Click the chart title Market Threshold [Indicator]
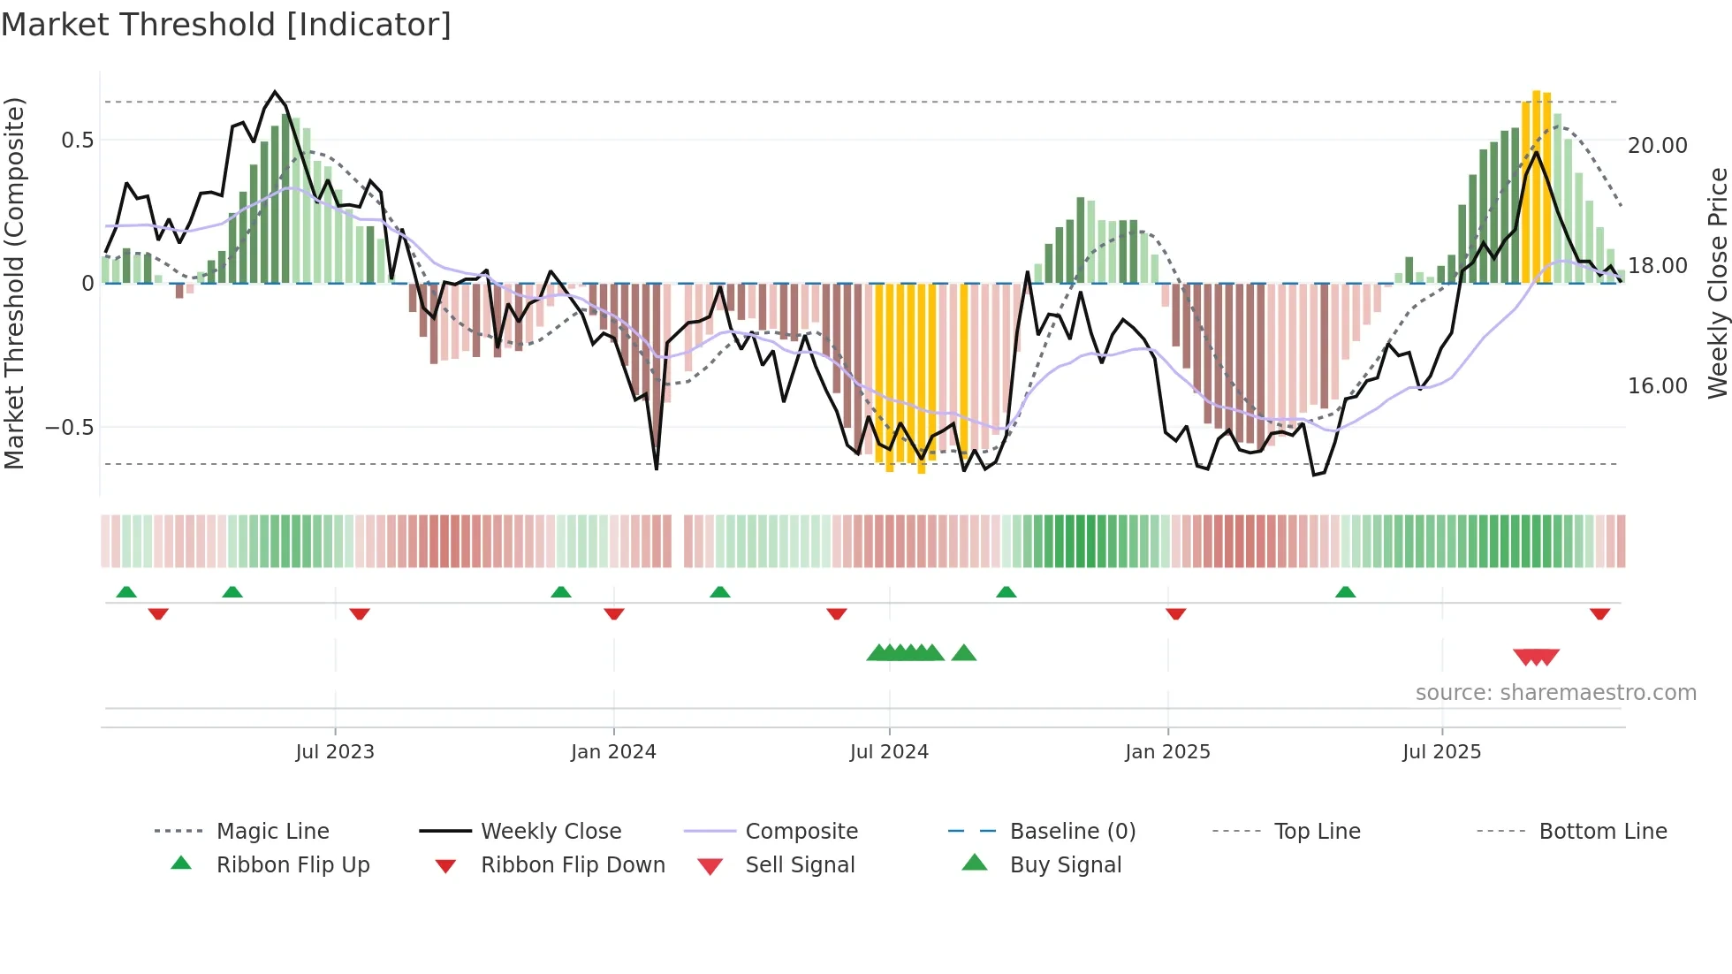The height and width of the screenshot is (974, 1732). tap(226, 25)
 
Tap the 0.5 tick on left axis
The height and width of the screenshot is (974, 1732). tap(77, 141)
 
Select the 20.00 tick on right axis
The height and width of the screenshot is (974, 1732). tap(1657, 146)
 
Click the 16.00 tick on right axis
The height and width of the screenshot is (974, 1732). tap(1657, 386)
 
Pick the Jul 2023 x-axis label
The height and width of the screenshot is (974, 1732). tap(335, 752)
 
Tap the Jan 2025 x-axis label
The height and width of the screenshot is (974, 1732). tap(1167, 752)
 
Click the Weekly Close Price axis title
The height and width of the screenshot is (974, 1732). tap(1717, 283)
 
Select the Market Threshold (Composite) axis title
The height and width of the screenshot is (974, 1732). tap(14, 283)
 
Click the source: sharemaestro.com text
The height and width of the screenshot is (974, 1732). tap(1555, 693)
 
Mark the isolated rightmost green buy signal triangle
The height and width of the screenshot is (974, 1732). tap(964, 653)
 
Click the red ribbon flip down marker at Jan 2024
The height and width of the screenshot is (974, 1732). tap(614, 613)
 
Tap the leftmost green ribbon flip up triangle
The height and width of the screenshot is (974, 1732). tap(126, 592)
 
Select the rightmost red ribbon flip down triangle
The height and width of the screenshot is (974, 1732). tap(1599, 613)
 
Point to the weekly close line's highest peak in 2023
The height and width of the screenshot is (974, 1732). tap(275, 92)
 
